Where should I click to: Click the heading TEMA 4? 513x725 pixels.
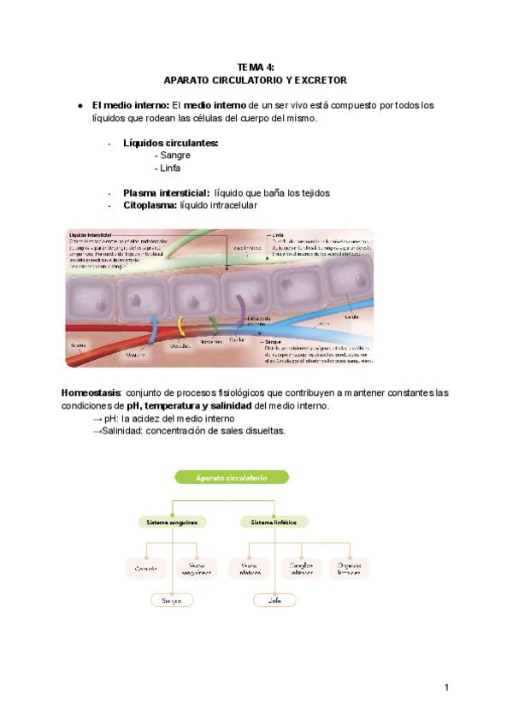coord(256,67)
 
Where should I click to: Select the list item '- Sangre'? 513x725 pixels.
coord(172,156)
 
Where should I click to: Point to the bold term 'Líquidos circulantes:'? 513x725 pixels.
coord(170,143)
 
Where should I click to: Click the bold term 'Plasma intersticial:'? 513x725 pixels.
coord(166,193)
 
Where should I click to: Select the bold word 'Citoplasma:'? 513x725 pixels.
coord(150,205)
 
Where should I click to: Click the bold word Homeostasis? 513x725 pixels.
coord(92,392)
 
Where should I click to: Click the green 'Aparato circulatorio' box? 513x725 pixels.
coord(232,477)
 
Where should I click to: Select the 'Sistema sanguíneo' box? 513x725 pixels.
coord(172,521)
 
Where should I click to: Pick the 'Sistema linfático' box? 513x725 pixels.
coord(268,521)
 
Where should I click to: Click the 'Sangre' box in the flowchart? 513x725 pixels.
coord(172,600)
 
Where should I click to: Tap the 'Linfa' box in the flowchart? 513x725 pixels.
coord(275,600)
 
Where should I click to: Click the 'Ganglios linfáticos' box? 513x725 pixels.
coord(300,568)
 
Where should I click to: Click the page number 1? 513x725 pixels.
coord(446,687)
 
